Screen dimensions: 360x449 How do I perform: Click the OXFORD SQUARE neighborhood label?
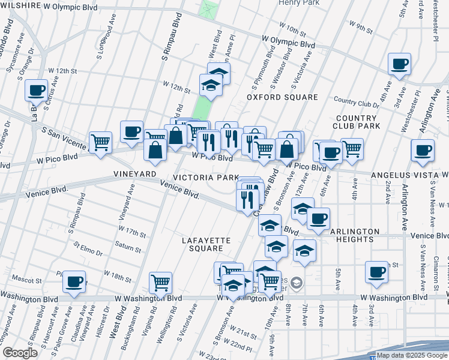tap(282, 97)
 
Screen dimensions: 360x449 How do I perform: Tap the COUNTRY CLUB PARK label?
tap(358, 122)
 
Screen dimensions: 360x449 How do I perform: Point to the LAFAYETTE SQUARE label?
tap(206, 244)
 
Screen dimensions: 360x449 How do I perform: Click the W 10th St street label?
tap(293, 28)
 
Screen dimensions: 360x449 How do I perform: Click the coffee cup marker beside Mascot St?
tap(74, 281)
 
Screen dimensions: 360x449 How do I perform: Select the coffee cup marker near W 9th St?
tap(399, 64)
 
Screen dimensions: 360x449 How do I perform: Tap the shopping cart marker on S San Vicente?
tap(100, 143)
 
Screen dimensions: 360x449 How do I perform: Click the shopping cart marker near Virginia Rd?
tap(160, 281)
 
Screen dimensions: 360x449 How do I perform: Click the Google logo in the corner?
tap(20, 353)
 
